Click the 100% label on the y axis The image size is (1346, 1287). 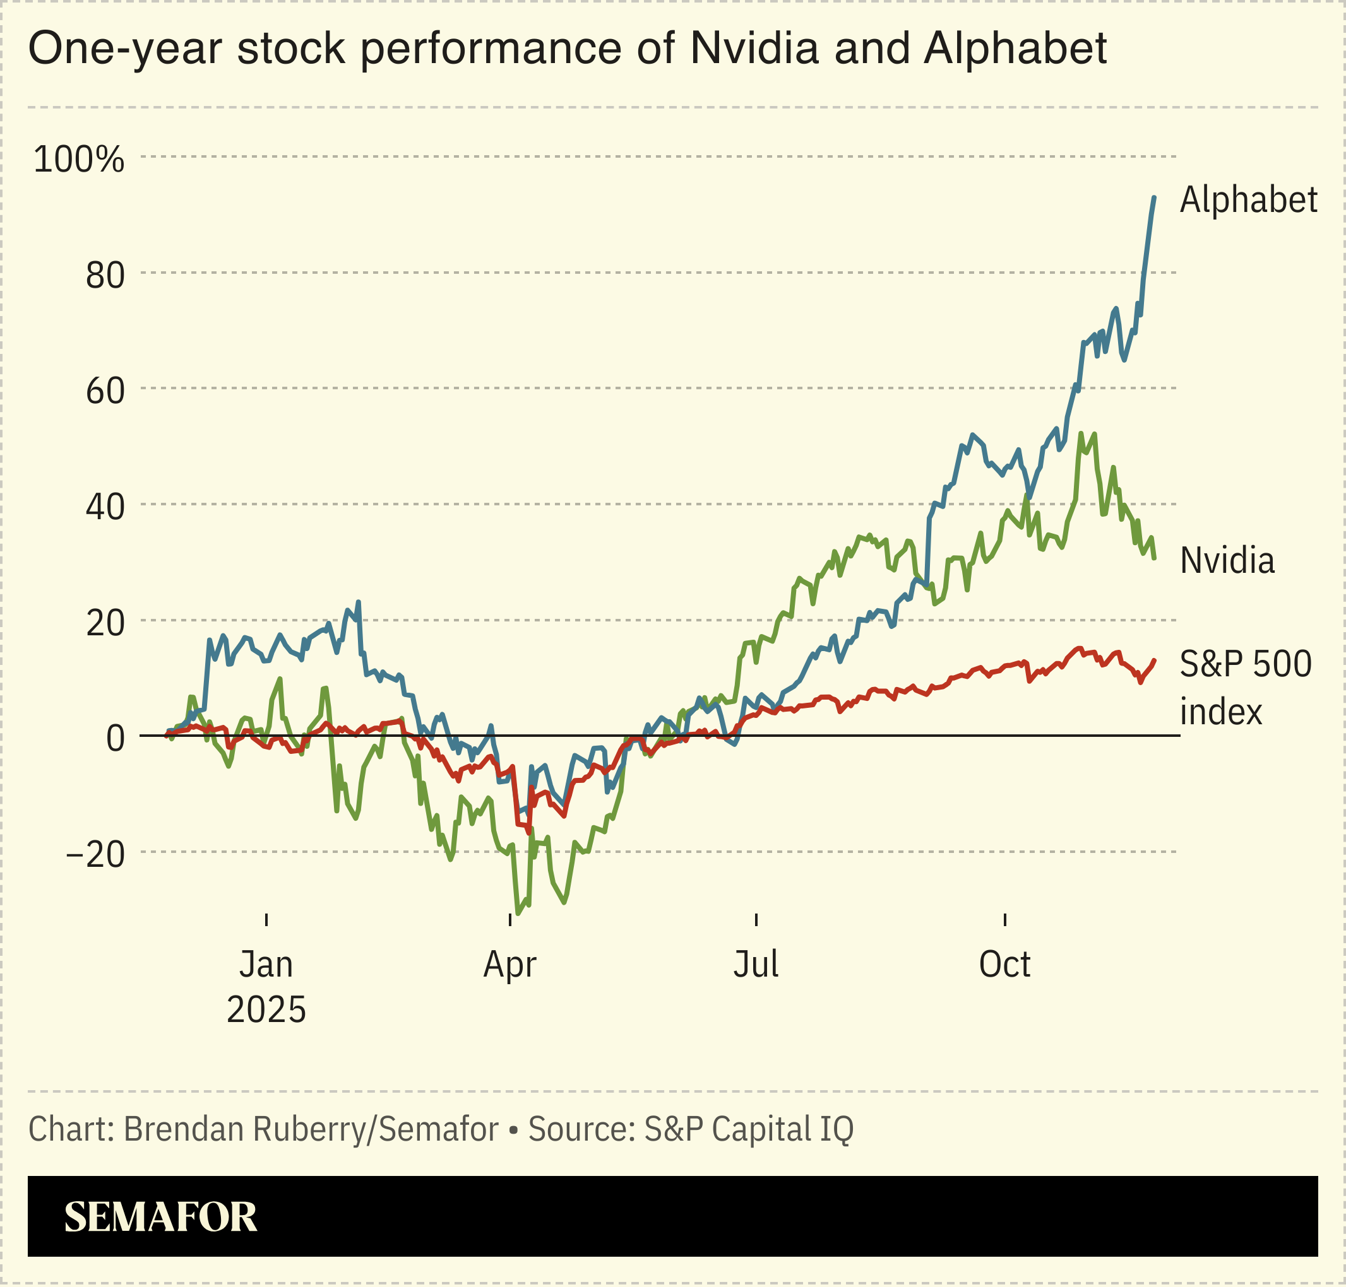coord(79,160)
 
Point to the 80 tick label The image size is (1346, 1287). coord(105,276)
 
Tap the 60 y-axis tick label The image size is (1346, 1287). coord(105,392)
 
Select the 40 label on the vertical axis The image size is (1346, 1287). coord(105,508)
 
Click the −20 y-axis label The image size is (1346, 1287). coord(95,855)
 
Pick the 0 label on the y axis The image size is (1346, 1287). coord(116,739)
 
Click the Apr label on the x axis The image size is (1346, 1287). coord(509,965)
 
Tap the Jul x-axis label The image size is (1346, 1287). coord(756,965)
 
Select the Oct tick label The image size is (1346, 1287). coord(1004,965)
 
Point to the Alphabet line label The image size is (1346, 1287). coord(1248,201)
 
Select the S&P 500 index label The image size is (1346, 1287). coord(1245,688)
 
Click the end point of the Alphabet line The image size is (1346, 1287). coord(1154,197)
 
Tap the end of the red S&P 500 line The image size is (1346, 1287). coord(1155,661)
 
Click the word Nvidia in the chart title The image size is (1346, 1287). coord(754,49)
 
